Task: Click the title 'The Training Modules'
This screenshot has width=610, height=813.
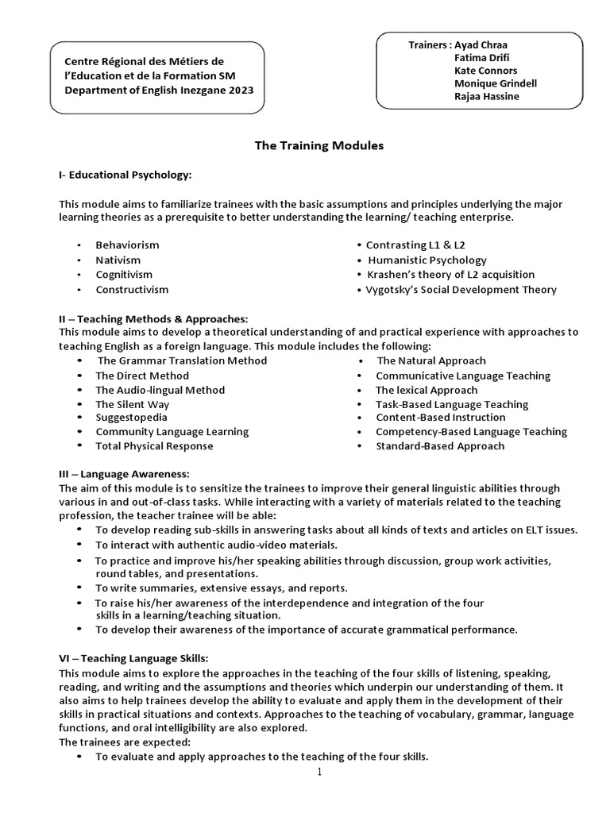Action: [319, 146]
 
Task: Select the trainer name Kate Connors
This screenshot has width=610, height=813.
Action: [485, 70]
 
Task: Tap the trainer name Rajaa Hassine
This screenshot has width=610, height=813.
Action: [486, 96]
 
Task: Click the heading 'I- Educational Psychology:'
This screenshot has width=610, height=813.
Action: [125, 174]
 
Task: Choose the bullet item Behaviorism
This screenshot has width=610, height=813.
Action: [127, 245]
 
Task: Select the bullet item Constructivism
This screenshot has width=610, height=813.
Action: [132, 290]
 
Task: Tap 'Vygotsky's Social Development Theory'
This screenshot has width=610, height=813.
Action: [461, 290]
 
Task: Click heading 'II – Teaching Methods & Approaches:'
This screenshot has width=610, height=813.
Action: [148, 318]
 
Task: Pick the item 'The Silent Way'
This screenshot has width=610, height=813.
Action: [132, 404]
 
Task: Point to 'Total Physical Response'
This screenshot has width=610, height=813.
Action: [154, 446]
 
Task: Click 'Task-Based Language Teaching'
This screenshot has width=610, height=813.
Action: [452, 404]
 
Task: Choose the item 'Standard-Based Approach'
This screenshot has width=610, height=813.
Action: [440, 446]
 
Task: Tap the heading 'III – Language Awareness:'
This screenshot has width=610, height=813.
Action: [124, 474]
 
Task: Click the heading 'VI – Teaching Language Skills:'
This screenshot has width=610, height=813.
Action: [133, 658]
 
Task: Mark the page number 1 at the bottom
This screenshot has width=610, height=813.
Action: [319, 772]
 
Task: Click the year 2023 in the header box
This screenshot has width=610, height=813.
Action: [239, 91]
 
